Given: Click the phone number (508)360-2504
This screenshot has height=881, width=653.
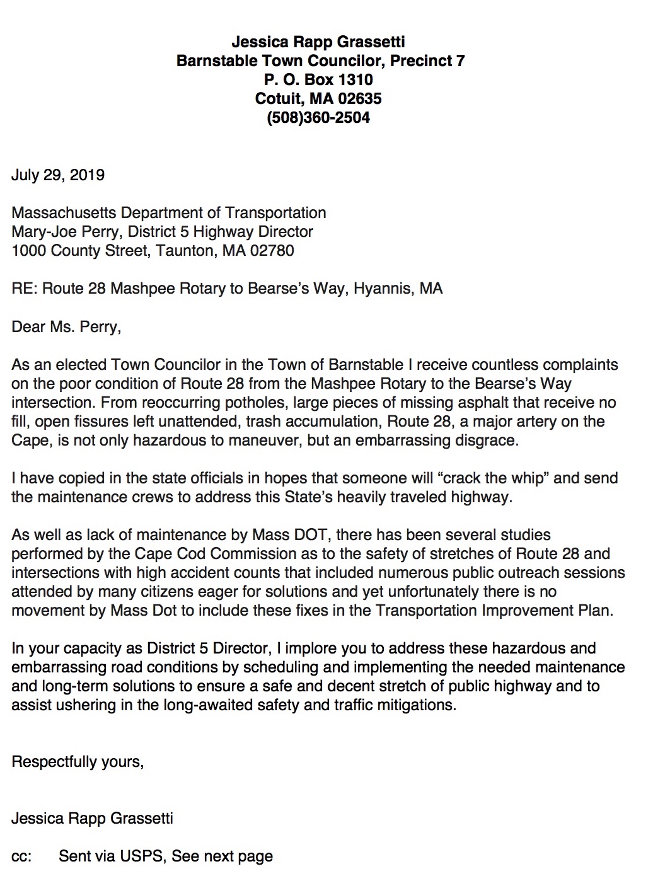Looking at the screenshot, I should (318, 118).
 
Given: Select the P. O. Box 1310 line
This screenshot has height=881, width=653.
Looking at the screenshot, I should (318, 80).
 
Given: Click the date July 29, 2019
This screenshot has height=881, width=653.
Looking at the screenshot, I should (58, 175).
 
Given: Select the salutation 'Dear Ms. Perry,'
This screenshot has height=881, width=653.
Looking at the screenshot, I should (66, 326).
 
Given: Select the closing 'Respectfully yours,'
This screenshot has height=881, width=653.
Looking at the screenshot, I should (78, 761).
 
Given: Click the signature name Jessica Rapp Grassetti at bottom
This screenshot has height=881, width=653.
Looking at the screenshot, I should (92, 818).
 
